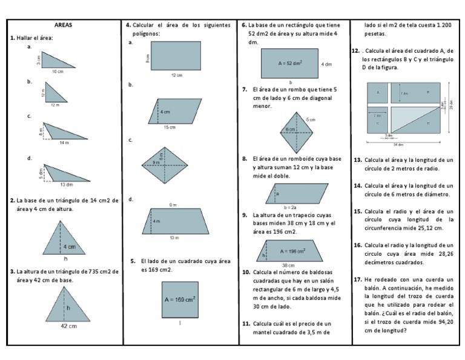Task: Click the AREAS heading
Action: click(x=63, y=25)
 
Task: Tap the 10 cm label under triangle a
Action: click(x=58, y=72)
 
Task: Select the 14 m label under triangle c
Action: click(x=64, y=142)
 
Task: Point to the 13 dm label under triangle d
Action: click(x=66, y=184)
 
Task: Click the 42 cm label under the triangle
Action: click(x=68, y=326)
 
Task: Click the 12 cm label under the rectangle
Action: click(x=176, y=76)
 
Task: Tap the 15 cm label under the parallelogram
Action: click(x=170, y=127)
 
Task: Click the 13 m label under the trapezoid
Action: click(x=174, y=238)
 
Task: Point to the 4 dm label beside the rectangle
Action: click(x=326, y=64)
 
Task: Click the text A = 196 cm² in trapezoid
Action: click(x=292, y=250)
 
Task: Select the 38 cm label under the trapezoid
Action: click(x=289, y=265)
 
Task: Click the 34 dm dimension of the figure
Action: click(x=398, y=144)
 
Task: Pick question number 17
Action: click(x=357, y=279)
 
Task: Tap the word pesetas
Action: click(x=377, y=35)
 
